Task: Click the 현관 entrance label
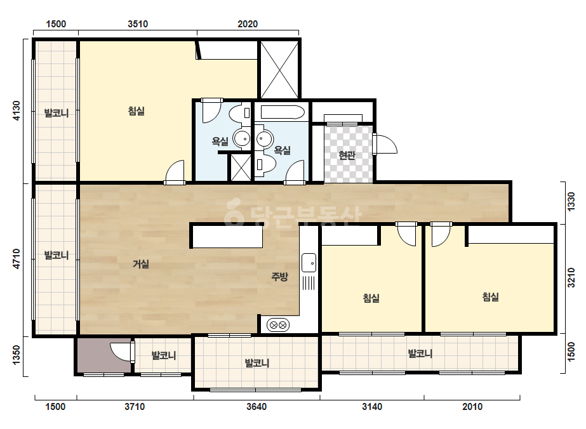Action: point(347,155)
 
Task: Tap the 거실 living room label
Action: point(141,264)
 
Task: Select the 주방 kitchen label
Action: point(279,277)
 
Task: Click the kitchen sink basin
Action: point(309,262)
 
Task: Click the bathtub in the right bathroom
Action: point(283,112)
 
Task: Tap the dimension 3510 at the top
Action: point(138,24)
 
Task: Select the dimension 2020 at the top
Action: point(248,24)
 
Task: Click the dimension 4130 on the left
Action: point(16,110)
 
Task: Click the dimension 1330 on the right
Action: point(571,202)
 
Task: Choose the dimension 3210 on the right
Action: point(571,278)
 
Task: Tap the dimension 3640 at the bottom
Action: point(256,407)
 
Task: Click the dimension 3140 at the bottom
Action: point(372,407)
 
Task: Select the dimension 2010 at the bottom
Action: point(472,407)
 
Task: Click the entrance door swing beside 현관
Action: point(385,144)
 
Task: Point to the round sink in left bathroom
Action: point(242,138)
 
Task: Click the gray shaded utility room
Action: point(104,355)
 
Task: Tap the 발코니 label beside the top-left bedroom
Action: point(57,112)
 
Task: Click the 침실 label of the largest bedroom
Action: point(137,111)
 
